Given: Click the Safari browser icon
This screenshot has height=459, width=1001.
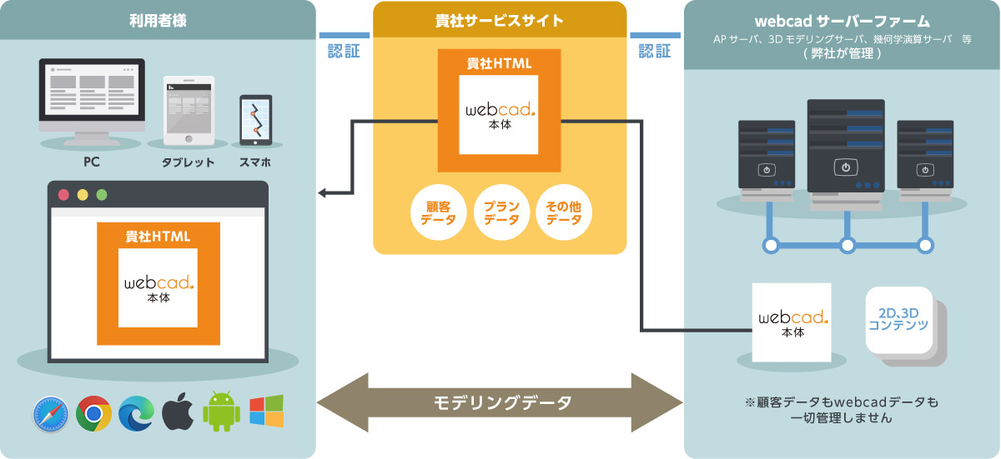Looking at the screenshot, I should (51, 413).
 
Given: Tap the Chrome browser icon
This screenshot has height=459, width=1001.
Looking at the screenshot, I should (94, 413).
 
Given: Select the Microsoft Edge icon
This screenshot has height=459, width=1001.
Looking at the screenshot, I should (136, 413).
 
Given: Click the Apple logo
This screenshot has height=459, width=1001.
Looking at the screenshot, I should (178, 412).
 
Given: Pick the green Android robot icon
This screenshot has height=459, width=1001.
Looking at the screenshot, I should (221, 412).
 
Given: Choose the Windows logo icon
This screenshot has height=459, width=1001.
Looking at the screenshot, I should (266, 412).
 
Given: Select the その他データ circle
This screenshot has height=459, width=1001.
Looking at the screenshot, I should (564, 213).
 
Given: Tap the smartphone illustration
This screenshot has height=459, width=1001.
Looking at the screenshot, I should (255, 120).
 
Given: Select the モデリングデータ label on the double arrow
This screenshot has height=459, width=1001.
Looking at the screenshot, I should (503, 403).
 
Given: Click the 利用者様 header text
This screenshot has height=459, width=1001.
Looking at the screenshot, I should (158, 20).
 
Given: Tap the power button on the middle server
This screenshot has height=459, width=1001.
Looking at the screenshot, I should (846, 167).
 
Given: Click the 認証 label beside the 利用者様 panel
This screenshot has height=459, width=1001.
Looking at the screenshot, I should (344, 51).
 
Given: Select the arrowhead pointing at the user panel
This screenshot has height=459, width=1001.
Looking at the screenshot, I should (324, 194).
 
